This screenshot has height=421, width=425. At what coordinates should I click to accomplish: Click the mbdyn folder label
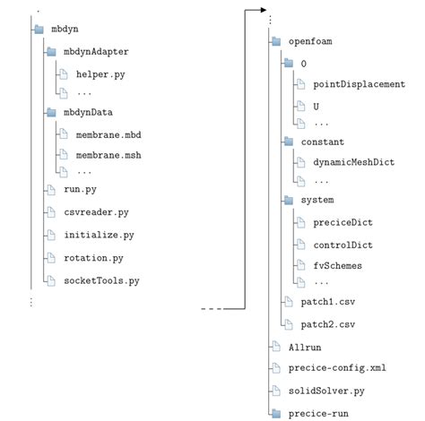click(x=65, y=30)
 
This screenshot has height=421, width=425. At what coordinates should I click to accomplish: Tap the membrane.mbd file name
click(x=109, y=133)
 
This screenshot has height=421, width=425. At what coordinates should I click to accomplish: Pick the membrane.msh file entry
click(x=109, y=154)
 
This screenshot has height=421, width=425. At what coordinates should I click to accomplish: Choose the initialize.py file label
click(x=100, y=235)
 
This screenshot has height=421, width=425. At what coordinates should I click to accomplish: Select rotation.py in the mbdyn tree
click(x=94, y=258)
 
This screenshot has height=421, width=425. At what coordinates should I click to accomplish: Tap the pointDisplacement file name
click(x=359, y=84)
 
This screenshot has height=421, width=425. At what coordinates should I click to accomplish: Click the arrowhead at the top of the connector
click(x=262, y=10)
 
